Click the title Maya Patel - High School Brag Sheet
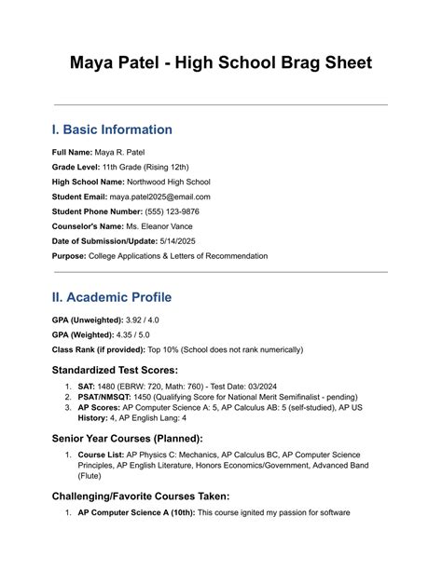[221, 63]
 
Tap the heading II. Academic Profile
[112, 297]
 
